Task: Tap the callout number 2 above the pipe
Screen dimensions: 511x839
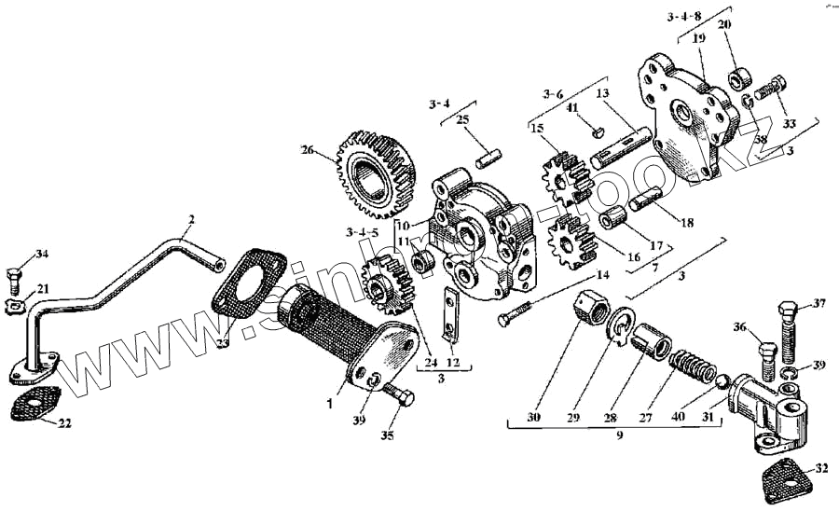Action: pos(190,220)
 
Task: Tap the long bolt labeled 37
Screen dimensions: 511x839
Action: pos(783,331)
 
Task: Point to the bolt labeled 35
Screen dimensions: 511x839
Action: pos(399,397)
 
